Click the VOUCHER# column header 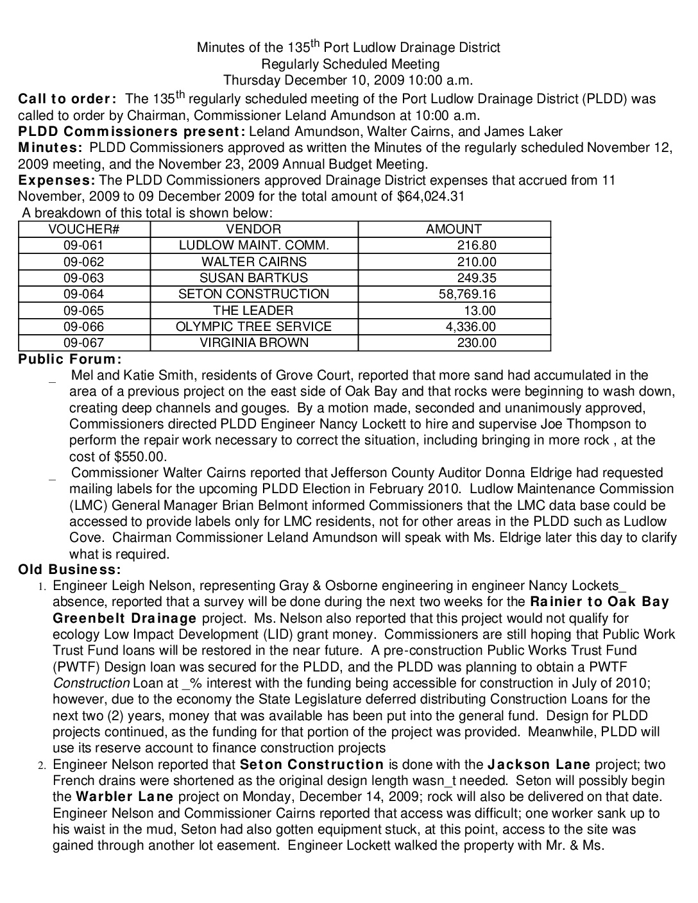[x=84, y=229]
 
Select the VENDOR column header [x=253, y=229]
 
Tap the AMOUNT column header [x=454, y=229]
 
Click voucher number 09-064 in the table [x=83, y=294]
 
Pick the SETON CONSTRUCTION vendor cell [x=253, y=294]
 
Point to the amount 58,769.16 [x=466, y=294]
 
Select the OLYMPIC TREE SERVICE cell [x=253, y=326]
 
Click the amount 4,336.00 [x=471, y=326]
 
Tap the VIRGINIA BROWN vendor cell [x=253, y=343]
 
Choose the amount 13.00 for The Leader [x=480, y=310]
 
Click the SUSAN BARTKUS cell [x=253, y=278]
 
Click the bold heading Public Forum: [x=70, y=359]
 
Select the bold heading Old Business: [x=69, y=570]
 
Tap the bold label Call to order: [x=67, y=99]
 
